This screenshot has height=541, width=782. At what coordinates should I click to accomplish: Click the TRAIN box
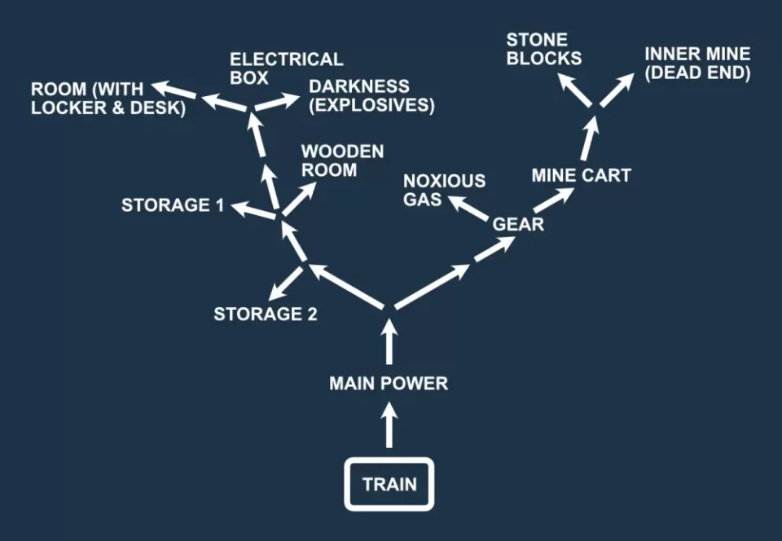click(389, 485)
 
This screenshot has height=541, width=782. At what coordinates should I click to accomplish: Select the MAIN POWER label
click(389, 383)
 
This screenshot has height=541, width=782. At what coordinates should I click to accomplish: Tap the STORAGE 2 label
click(265, 314)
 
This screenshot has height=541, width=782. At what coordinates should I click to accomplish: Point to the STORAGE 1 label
click(172, 205)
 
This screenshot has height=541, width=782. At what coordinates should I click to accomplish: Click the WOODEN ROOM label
click(342, 161)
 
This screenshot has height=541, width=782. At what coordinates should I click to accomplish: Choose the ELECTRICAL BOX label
click(286, 68)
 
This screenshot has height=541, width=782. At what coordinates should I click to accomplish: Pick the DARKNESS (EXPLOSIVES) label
click(371, 95)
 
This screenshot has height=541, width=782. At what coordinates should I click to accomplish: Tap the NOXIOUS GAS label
click(444, 190)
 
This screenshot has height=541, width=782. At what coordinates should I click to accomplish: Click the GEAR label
click(519, 223)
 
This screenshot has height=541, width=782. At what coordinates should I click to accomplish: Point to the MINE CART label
click(581, 175)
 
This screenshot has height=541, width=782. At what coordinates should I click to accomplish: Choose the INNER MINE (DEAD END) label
click(696, 64)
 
